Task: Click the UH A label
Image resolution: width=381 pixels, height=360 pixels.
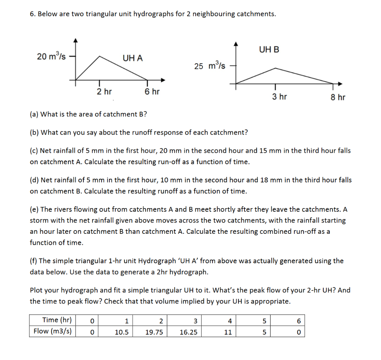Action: coord(132,58)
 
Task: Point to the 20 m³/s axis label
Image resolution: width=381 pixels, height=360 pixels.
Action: coord(51,57)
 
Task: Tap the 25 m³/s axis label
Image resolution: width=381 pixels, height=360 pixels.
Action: coord(209,66)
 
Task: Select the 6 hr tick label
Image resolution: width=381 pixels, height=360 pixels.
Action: coord(152,92)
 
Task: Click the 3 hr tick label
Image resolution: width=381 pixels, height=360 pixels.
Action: coord(279,97)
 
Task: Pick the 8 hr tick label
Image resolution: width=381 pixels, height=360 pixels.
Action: coord(338,97)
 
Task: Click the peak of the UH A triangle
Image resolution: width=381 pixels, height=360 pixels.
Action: coord(99,56)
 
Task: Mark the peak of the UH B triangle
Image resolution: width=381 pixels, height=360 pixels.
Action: coord(275,68)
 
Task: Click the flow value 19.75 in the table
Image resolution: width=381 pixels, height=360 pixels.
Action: coord(154,331)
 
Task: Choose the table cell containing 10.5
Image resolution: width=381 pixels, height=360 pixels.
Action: coord(122,331)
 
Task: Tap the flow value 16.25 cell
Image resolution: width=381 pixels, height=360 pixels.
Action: coord(188,331)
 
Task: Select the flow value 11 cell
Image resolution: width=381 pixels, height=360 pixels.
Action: coord(228,331)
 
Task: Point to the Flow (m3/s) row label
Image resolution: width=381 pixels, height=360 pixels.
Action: coord(53,331)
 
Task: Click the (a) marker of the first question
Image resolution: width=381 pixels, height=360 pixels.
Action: coord(34,114)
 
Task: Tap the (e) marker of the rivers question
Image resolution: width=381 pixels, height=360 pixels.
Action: coord(34,210)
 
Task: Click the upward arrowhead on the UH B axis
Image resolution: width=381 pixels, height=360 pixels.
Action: coord(235,43)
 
